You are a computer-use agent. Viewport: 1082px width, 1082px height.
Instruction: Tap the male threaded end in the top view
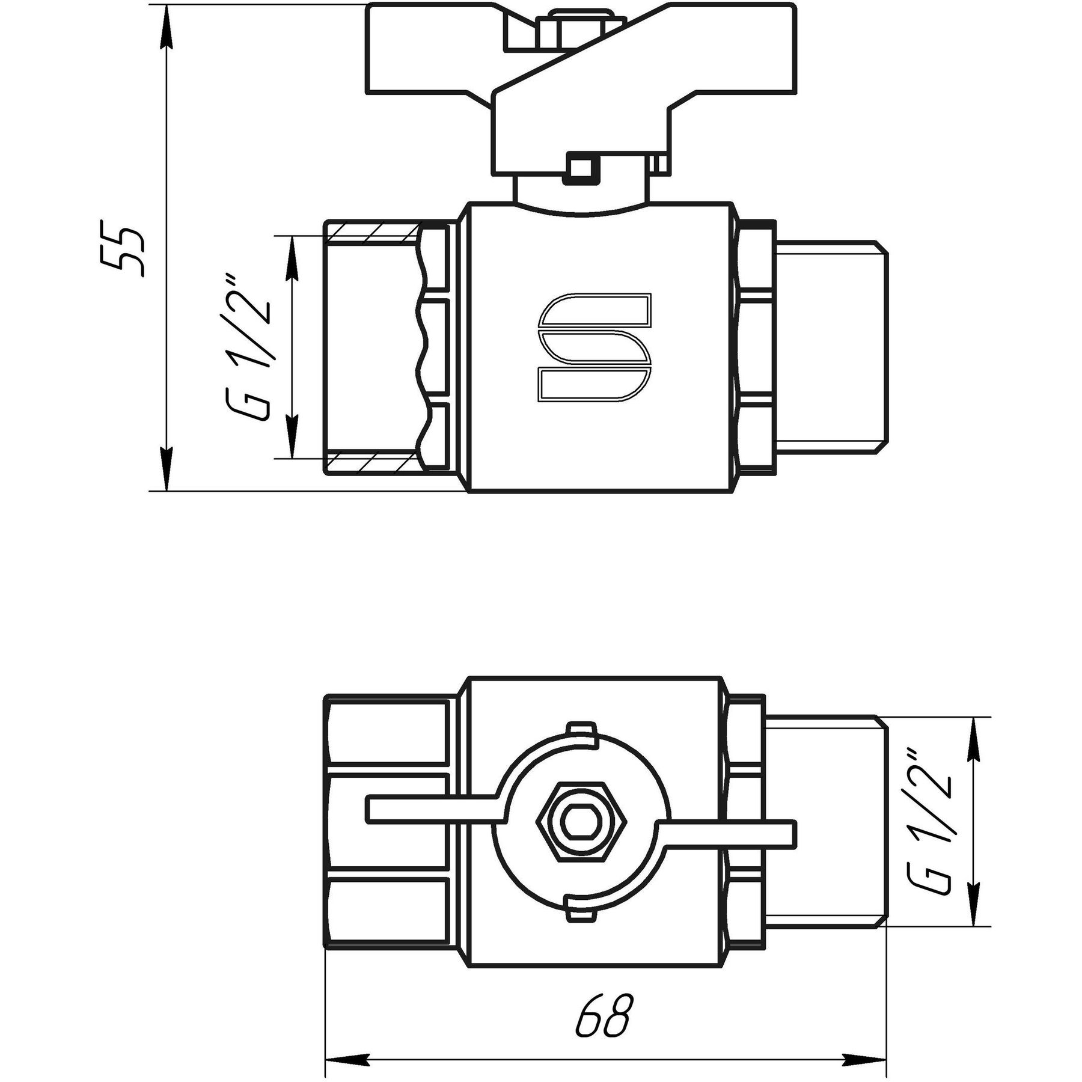click(x=830, y=347)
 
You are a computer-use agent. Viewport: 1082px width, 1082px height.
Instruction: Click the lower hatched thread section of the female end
click(x=371, y=462)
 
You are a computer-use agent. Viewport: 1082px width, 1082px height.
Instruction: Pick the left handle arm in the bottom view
click(x=433, y=809)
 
